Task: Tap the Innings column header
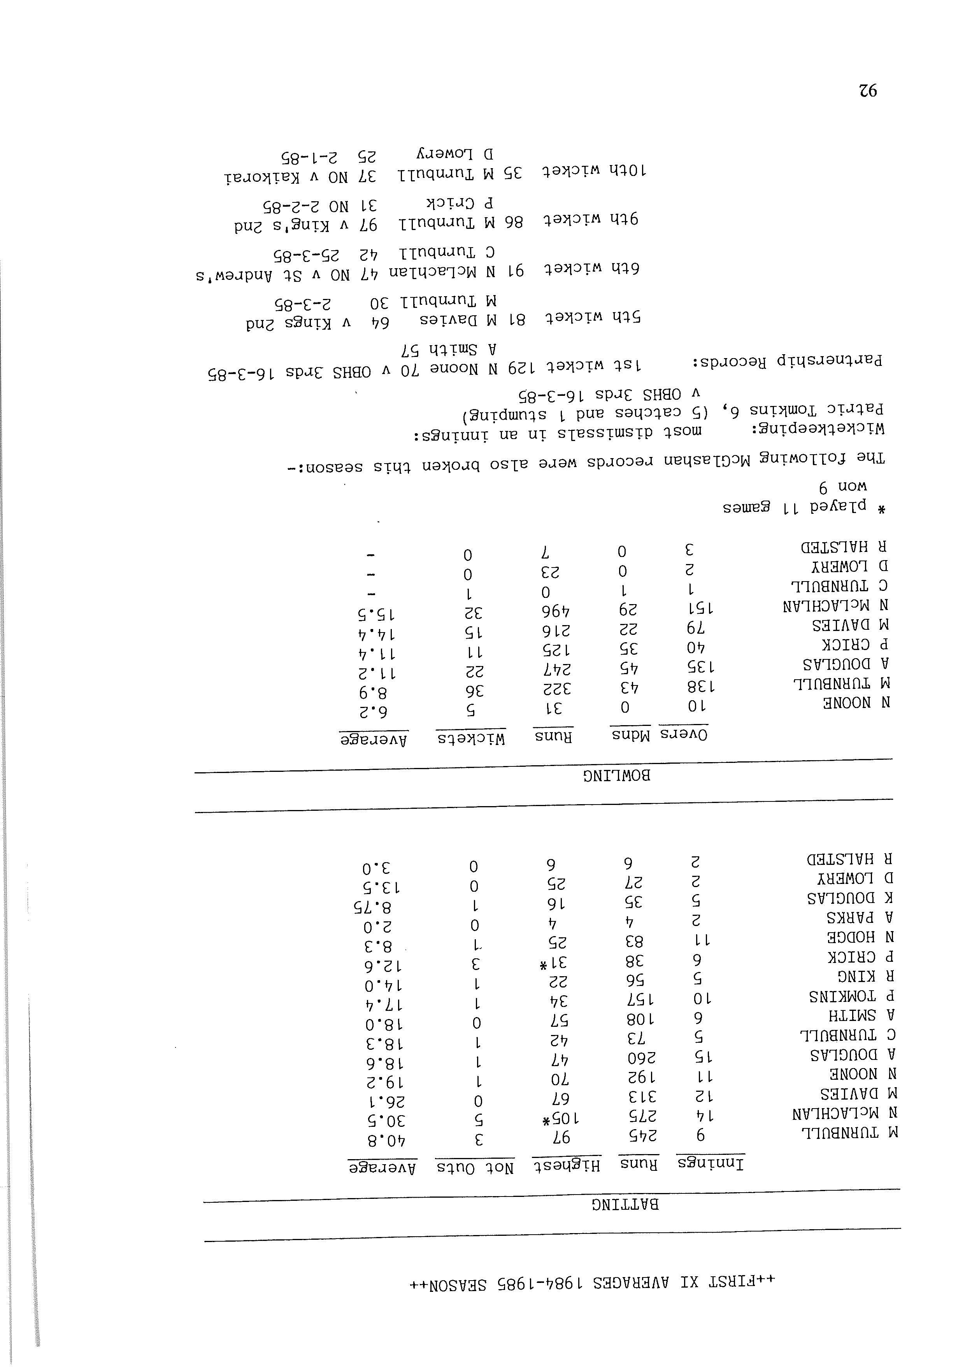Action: pos(710,1163)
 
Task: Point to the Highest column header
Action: pos(565,1165)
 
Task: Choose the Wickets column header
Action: pos(471,738)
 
